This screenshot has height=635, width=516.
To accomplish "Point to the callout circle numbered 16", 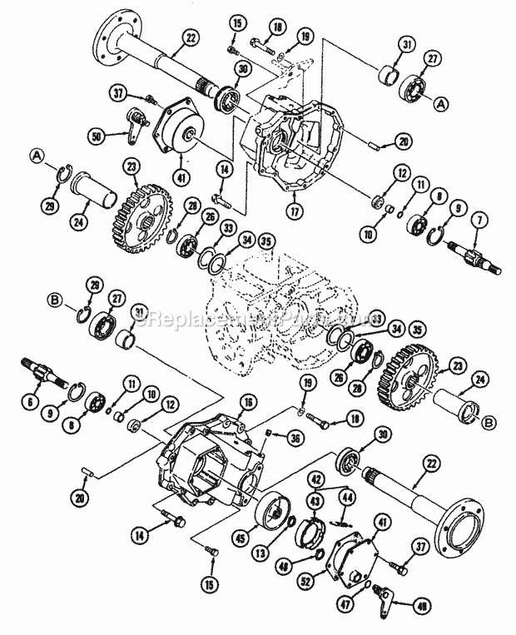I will point(246,403).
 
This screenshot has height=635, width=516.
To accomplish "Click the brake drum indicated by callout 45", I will point(275,509).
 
